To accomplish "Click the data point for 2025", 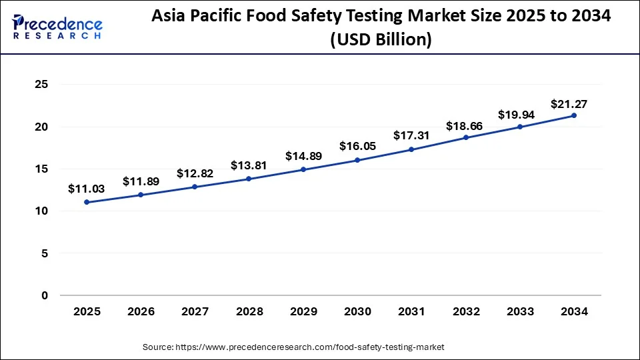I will [87, 202].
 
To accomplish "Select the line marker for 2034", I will [574, 115].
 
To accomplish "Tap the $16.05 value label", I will [357, 146].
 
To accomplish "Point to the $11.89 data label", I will [140, 181].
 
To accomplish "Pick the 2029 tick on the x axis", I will [303, 311].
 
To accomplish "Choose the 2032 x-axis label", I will [466, 311].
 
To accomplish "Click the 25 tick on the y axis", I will [42, 85].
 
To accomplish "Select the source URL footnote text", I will [293, 347].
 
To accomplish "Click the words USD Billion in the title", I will [381, 40].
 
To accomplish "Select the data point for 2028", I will [249, 179].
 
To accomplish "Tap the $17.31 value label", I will [411, 135].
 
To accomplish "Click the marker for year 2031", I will [411, 149].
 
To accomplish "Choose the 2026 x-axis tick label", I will [141, 311].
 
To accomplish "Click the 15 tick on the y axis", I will [42, 169].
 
